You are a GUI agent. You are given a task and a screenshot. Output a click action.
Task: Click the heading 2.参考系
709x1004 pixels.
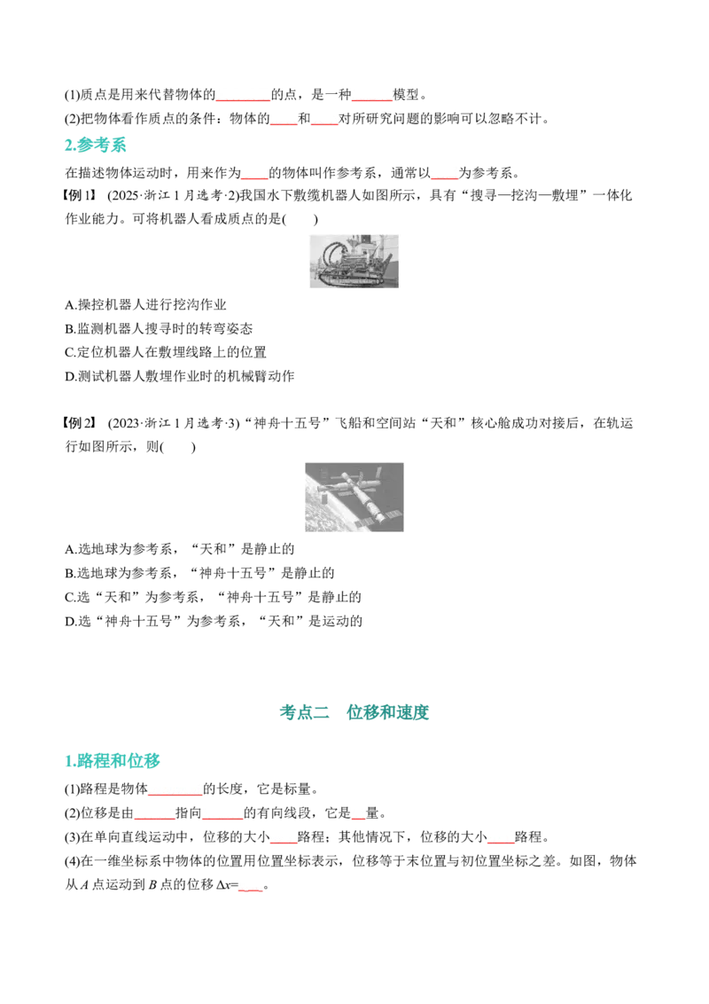pos(96,145)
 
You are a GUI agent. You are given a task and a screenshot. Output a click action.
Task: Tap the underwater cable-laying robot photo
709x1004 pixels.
pos(354,261)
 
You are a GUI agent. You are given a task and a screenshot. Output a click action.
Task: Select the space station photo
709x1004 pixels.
pos(354,497)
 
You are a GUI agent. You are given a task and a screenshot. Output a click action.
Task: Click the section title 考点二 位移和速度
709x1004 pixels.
pos(354,712)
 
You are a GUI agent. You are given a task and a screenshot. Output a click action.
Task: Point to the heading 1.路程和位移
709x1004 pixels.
pos(112,761)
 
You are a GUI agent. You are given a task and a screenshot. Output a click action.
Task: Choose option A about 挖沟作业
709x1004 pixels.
pos(146,305)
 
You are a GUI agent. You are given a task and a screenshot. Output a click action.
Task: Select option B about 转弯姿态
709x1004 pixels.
pos(159,328)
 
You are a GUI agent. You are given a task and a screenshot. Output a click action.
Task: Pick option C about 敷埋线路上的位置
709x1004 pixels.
pos(166,352)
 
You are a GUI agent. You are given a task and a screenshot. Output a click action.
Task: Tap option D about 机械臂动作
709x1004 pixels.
pos(180,376)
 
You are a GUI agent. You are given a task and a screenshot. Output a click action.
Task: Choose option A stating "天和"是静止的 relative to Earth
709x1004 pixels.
pos(180,549)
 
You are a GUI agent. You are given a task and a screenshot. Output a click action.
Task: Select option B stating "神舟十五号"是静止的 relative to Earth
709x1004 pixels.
pos(199,572)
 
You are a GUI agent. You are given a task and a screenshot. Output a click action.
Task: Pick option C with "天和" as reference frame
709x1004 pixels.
pos(213,597)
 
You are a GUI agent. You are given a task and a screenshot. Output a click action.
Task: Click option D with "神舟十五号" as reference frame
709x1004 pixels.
pos(214,621)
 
